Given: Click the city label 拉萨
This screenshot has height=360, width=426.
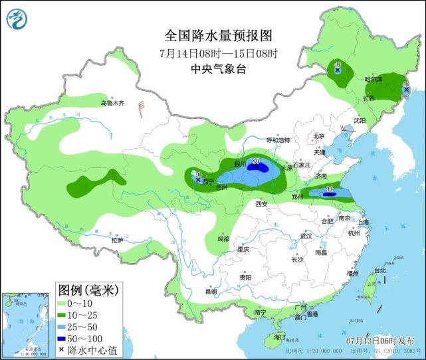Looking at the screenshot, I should [x=117, y=240].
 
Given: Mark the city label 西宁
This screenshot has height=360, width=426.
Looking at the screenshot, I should [x=208, y=181].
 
